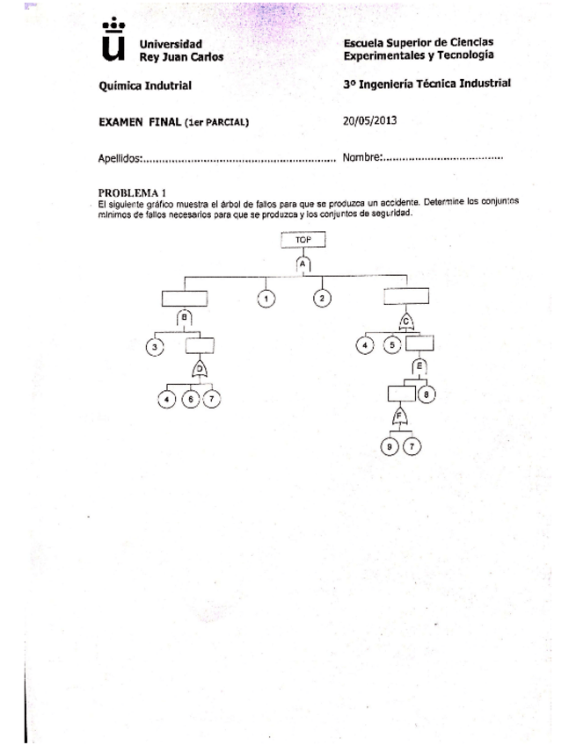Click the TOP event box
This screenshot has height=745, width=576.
tap(303, 239)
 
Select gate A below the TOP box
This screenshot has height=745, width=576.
tap(303, 263)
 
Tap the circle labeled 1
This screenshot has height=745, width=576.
tap(266, 300)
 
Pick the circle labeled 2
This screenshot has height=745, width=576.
tap(322, 300)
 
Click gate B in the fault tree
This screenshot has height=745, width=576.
tap(185, 318)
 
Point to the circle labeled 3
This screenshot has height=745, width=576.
tap(156, 348)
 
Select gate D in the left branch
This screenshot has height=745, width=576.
tap(200, 370)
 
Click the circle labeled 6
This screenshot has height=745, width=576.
tap(191, 400)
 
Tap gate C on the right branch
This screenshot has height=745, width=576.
tap(407, 320)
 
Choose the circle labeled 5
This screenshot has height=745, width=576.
tap(392, 345)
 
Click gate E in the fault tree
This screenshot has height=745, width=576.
tap(419, 365)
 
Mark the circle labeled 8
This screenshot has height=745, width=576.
tap(427, 394)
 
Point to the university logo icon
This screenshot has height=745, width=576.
tap(113, 40)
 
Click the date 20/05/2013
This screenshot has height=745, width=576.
tap(371, 121)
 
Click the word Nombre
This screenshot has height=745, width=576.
tap(361, 158)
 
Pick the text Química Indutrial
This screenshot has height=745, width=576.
tap(145, 86)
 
